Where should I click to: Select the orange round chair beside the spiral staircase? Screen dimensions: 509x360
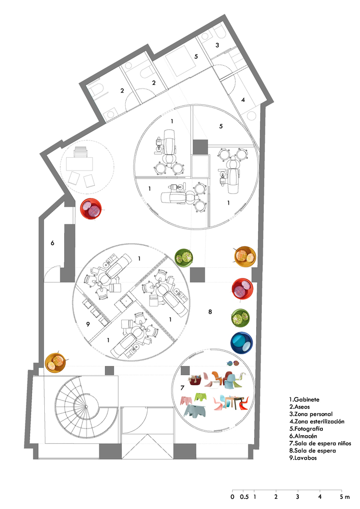[56, 363]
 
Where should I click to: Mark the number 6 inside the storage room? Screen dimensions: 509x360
[52, 243]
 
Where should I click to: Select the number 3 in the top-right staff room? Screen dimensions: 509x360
[217, 46]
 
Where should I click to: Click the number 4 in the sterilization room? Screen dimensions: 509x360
[243, 100]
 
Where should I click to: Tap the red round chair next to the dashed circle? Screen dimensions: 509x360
[92, 209]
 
